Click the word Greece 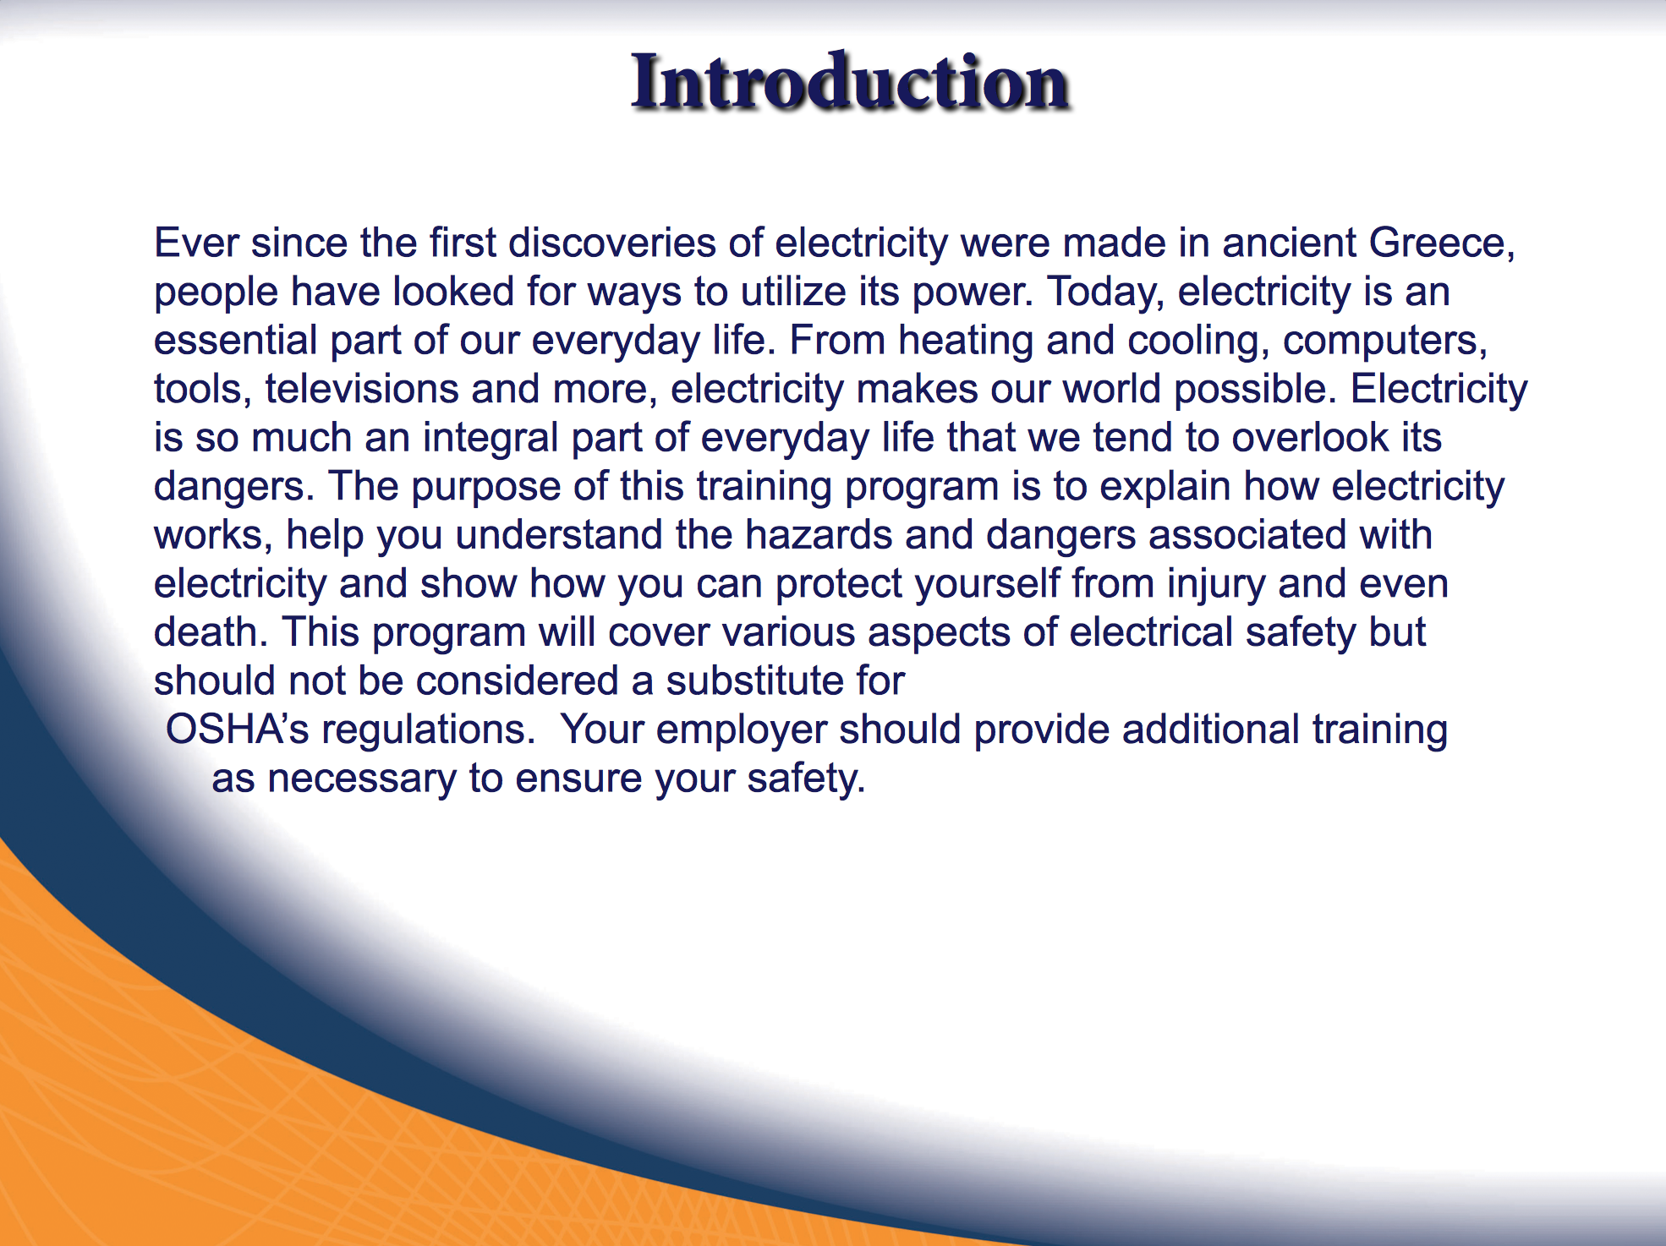tap(1442, 243)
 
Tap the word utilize tap(793, 292)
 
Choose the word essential tap(235, 341)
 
